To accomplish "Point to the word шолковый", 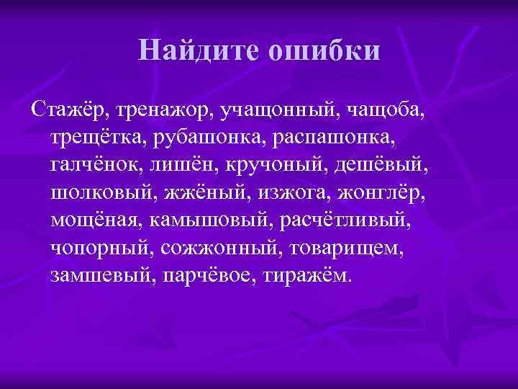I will (x=103, y=194).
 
